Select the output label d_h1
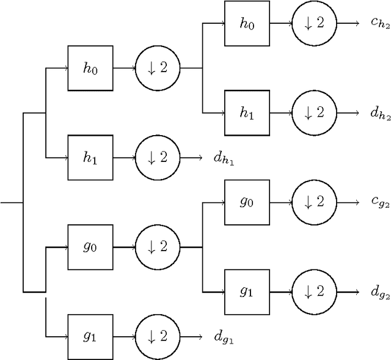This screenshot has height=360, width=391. point(224,158)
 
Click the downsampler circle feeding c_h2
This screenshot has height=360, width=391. point(314,23)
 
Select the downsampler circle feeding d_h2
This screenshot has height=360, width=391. point(314,113)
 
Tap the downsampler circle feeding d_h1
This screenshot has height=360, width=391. point(157,158)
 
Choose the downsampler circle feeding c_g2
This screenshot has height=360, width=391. point(314,202)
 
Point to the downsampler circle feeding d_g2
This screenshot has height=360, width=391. point(314,292)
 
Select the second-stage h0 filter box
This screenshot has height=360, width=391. point(247,23)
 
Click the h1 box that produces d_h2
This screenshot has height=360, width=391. point(247,113)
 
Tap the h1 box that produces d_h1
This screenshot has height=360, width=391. point(90,158)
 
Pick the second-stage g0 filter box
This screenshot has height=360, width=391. point(247,202)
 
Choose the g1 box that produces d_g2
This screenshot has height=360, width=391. point(247,292)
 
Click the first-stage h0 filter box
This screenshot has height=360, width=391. point(90,68)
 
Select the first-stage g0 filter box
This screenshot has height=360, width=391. point(90,248)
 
